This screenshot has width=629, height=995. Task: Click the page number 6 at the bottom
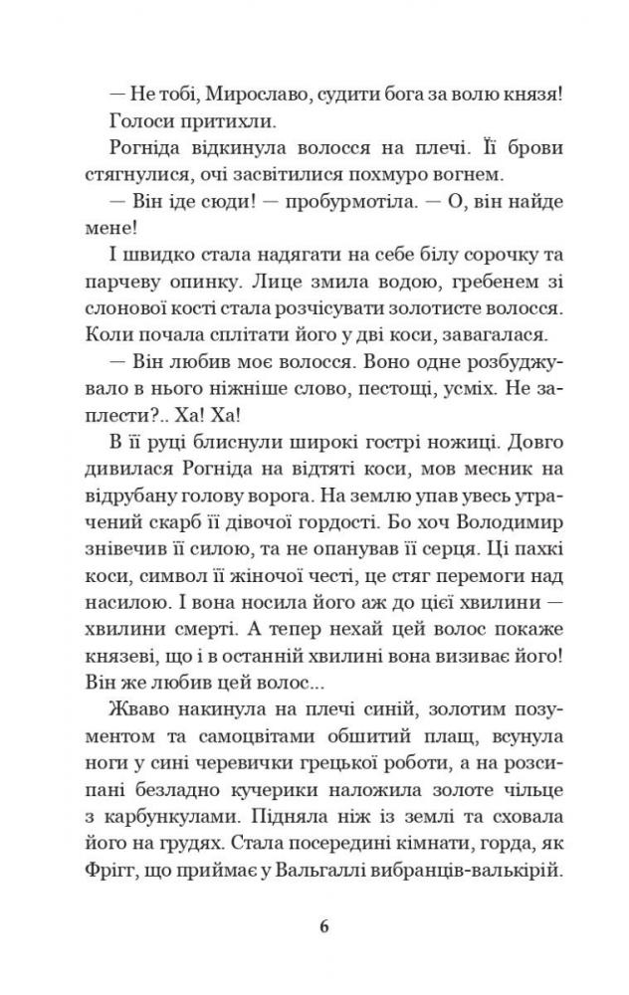pyautogui.click(x=323, y=928)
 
